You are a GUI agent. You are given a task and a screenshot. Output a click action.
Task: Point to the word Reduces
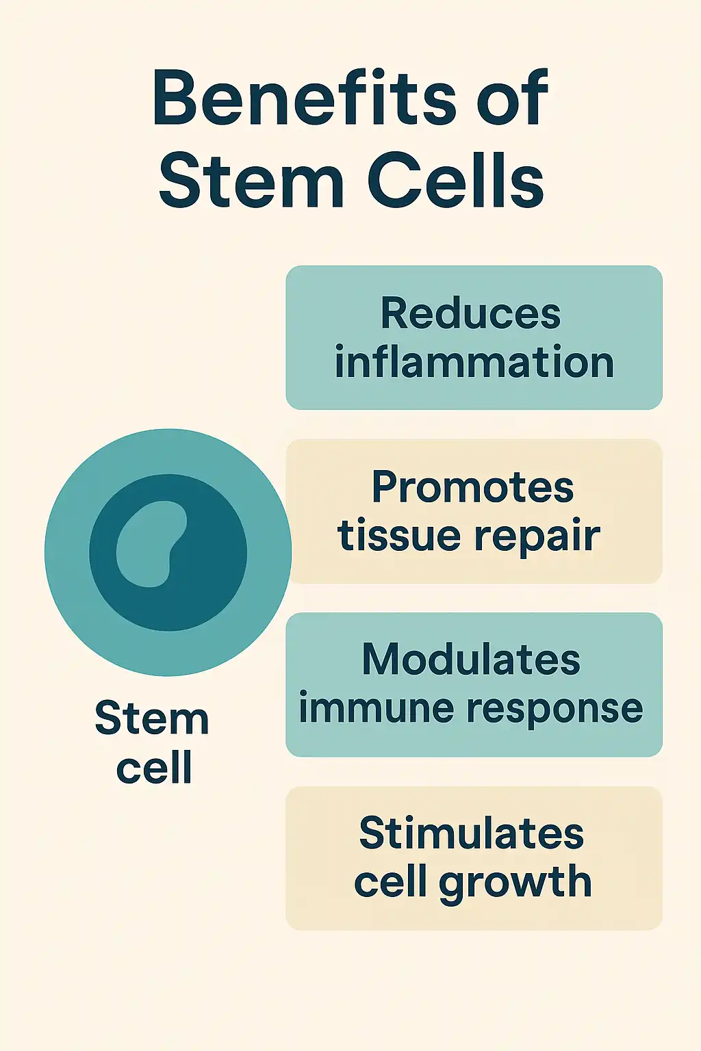(x=471, y=314)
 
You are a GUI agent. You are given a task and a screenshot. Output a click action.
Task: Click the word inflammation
(x=474, y=362)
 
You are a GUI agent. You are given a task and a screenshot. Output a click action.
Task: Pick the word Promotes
(x=472, y=487)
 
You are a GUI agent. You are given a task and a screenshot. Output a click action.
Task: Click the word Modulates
(x=471, y=660)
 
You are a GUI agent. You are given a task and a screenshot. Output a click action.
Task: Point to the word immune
(x=374, y=708)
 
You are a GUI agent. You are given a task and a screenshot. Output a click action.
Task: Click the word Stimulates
(x=471, y=833)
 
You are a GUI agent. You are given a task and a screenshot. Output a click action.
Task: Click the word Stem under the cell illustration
(x=151, y=719)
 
